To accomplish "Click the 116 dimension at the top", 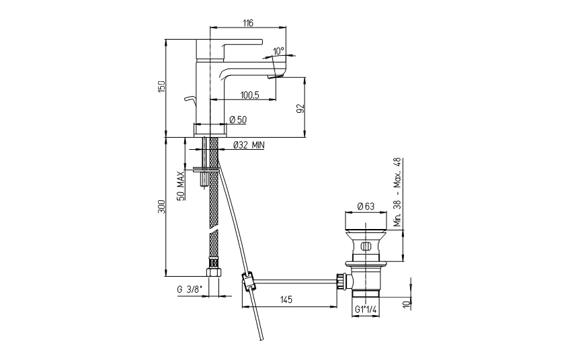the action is (x=248, y=23).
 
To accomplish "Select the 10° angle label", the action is (x=279, y=51).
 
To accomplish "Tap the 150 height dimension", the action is (x=161, y=87).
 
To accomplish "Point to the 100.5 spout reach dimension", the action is (x=250, y=95).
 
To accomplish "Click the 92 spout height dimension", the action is (x=300, y=108).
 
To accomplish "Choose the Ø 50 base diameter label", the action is (x=238, y=119).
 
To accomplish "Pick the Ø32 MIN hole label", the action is (x=249, y=145).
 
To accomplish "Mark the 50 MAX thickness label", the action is (x=181, y=185).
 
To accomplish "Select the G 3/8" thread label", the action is (x=189, y=289).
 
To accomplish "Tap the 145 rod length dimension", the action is (x=286, y=300).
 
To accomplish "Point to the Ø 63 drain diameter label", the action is (x=366, y=206).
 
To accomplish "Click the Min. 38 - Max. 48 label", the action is (x=398, y=193).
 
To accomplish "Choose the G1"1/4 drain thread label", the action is (x=366, y=310).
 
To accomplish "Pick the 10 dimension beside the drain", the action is (x=407, y=303).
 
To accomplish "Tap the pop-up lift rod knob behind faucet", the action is (x=190, y=99).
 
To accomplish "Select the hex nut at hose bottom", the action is (x=212, y=272).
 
